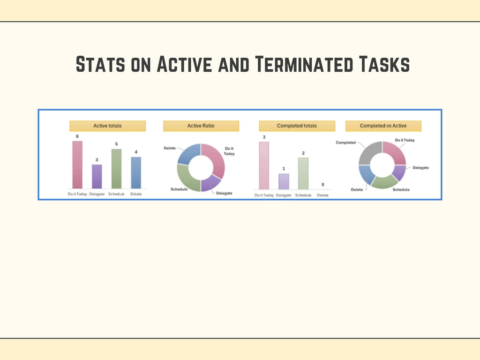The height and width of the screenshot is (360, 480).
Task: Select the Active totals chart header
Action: [x=107, y=126]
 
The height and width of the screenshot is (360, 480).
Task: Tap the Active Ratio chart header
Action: [x=201, y=126]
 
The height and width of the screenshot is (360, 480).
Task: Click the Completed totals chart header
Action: [x=297, y=126]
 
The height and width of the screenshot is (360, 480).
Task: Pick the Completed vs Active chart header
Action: [x=383, y=126]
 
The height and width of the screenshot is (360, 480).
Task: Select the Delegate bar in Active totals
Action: [x=97, y=176]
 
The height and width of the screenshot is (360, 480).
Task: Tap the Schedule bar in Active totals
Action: [x=116, y=168]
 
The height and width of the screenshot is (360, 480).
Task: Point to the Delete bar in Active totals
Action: [x=135, y=172]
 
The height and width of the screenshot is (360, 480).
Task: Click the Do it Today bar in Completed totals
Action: [x=264, y=165]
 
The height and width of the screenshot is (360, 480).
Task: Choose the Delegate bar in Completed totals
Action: [x=284, y=181]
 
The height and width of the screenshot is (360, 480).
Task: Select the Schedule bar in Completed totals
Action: [x=303, y=173]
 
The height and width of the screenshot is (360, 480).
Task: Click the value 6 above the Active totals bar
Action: [x=77, y=136]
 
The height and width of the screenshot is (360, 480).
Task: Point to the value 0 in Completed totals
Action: [x=322, y=185]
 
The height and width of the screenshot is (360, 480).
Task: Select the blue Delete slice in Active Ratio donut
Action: [x=187, y=154]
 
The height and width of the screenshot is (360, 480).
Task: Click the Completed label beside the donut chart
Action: [x=346, y=142]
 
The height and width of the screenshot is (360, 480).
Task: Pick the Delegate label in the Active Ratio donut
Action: [x=224, y=193]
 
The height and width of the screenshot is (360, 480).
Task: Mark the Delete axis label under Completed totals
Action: [x=322, y=195]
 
